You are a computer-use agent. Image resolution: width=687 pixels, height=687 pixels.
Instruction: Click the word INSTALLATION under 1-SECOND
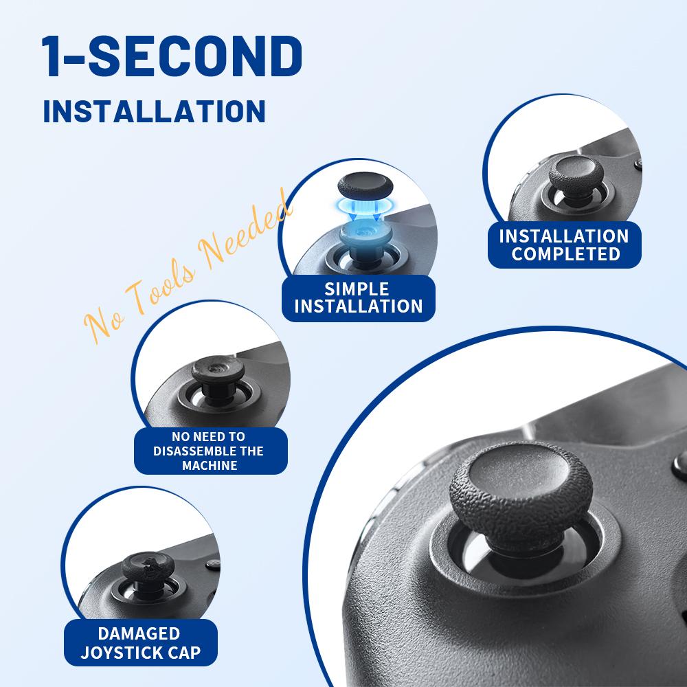154,111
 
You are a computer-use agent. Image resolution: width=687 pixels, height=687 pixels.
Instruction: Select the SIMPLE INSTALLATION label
357,297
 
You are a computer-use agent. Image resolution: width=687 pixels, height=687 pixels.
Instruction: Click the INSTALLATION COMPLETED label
564,245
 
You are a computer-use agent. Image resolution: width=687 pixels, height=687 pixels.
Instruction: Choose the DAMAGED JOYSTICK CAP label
139,642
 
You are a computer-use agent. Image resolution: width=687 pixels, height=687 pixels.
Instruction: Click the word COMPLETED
566,254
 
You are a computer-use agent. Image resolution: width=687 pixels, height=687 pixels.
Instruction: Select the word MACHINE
210,466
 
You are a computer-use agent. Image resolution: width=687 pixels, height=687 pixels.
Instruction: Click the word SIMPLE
357,289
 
